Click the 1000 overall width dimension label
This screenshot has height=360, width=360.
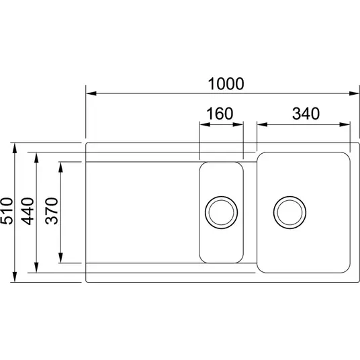226,84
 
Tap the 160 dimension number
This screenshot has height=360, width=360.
220,114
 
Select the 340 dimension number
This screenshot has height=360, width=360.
306,114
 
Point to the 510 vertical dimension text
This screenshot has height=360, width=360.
7,211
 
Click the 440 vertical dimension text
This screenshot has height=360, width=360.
28,211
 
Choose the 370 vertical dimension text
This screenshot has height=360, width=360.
52,211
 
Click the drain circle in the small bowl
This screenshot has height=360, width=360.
222,212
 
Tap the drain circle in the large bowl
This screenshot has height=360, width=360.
289,212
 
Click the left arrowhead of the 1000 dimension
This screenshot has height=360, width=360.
91,93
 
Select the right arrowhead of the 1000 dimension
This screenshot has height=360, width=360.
354,93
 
